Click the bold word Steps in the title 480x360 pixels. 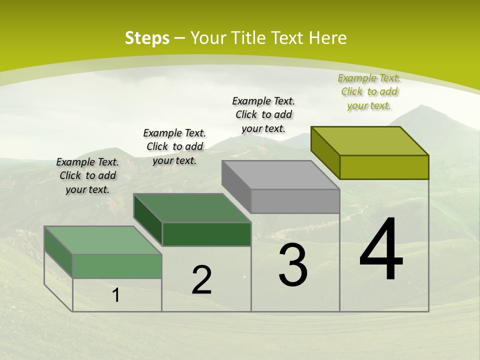coord(147,38)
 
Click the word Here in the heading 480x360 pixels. coord(327,38)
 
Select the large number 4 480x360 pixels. coord(381,249)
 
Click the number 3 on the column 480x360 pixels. coord(293,265)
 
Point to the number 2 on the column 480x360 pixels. coord(201,280)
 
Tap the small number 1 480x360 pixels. coord(116,295)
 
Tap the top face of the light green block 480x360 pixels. coord(103,240)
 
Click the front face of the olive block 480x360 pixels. coord(384,167)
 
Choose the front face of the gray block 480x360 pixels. coord(295,201)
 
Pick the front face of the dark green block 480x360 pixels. coord(206,234)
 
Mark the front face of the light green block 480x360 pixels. coord(117,266)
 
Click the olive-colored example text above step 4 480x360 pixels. coord(369,91)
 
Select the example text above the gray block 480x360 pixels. coord(263,114)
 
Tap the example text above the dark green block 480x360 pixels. coord(174,146)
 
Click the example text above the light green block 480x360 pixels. coord(87,175)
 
